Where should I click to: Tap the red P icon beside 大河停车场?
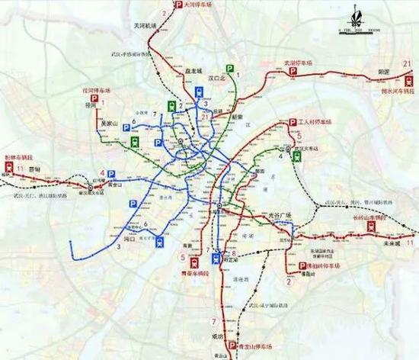click(178, 5)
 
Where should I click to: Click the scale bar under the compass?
click(352, 31)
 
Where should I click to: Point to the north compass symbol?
click(353, 13)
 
